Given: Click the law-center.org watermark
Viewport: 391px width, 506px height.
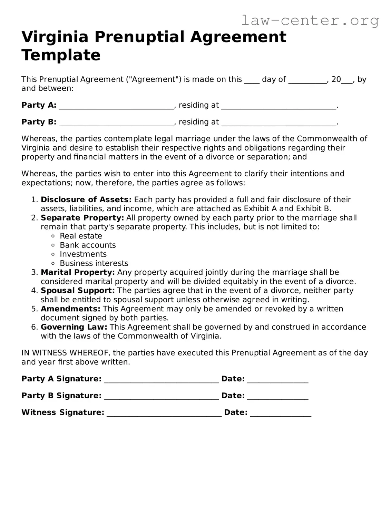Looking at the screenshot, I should point(310,21).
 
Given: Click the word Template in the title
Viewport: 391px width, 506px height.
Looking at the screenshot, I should point(61,55).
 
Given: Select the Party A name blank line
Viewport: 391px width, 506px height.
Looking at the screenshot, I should point(116,106).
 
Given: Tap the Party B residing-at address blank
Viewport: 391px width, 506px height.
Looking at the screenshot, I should point(278,123).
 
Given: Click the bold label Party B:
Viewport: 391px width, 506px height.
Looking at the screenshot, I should point(39,122).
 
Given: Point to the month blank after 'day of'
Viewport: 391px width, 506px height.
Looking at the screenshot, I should point(307,80).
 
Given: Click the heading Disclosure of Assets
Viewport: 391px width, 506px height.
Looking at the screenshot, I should point(86,200).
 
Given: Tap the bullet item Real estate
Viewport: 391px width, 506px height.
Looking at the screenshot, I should point(81,236).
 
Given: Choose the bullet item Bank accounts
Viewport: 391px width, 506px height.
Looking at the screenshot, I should point(88,245).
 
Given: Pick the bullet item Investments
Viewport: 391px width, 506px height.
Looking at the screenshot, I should point(83,254).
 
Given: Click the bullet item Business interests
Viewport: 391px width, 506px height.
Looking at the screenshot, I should point(94,263).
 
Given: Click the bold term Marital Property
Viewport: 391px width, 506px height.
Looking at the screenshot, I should point(78,272).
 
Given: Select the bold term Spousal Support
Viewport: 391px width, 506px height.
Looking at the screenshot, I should point(78,291).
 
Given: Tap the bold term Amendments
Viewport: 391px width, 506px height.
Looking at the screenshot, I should point(70,309).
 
